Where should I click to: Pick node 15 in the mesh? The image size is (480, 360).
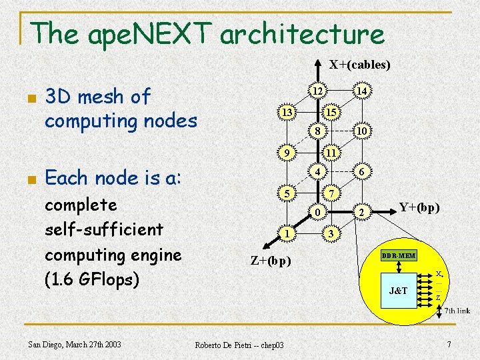tap(330, 113)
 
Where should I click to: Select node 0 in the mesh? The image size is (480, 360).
tap(319, 213)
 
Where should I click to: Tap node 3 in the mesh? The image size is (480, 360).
tap(330, 234)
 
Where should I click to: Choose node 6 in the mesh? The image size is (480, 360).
tap(361, 171)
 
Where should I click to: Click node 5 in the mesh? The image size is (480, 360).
tap(287, 194)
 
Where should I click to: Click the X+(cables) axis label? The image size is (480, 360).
tap(359, 65)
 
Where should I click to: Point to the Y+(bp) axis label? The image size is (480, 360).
tap(419, 207)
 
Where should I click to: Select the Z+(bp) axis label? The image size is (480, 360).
tap(270, 260)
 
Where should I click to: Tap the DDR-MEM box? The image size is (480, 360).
tap(398, 256)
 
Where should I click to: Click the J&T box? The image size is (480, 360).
tap(397, 291)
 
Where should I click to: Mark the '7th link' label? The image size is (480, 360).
tap(457, 311)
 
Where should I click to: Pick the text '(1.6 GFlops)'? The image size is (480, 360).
tap(91, 280)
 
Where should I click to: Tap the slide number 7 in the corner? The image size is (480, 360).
tap(449, 344)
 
